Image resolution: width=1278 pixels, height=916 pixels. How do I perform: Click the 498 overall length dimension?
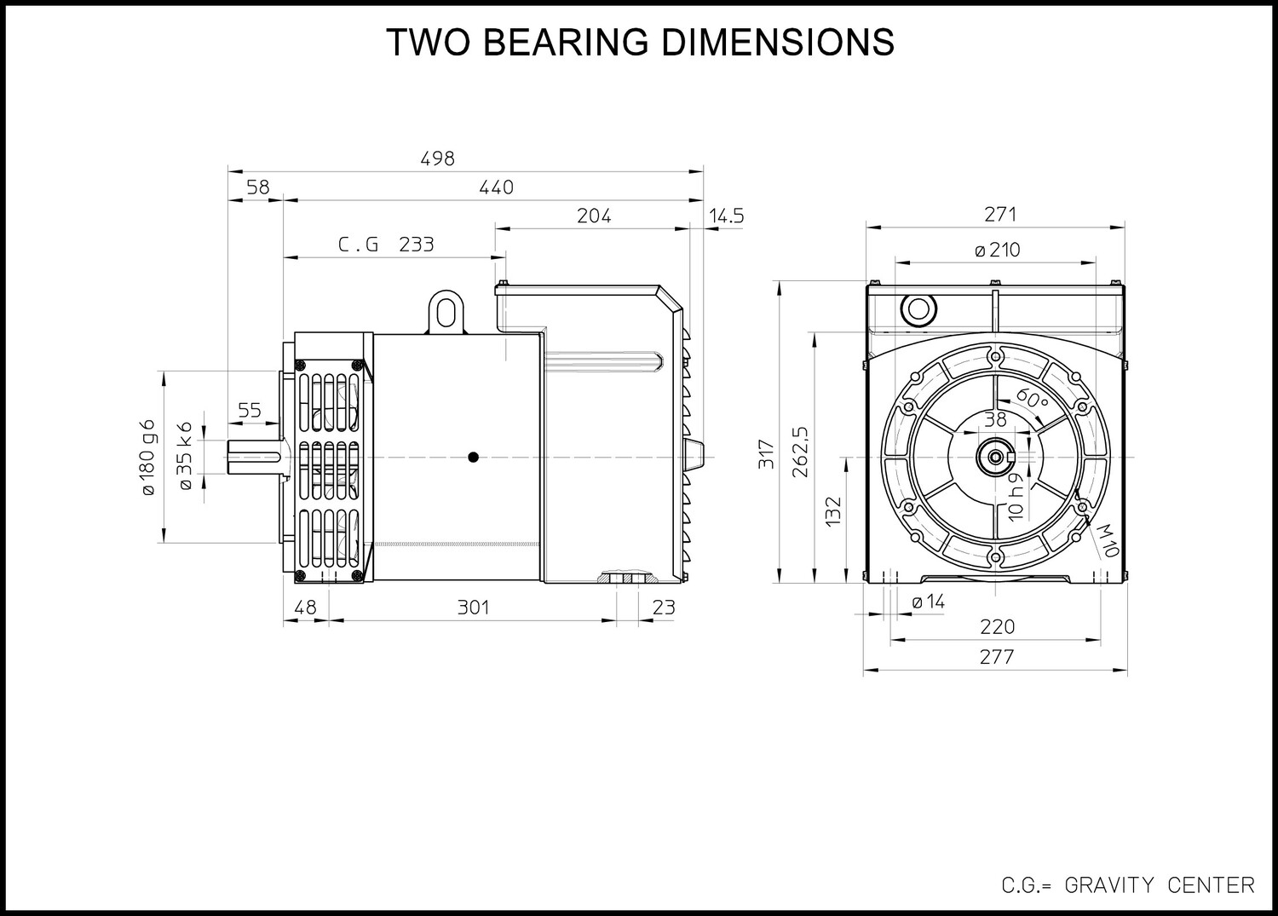pos(438,158)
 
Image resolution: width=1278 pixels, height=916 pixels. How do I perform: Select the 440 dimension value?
pos(497,187)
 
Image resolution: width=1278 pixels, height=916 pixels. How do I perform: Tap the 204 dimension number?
pos(594,216)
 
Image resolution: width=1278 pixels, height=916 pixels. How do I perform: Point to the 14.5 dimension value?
pos(727,216)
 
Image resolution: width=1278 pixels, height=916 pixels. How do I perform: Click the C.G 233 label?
pos(386,245)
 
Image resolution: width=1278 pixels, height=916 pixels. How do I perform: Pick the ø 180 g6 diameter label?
pos(147,457)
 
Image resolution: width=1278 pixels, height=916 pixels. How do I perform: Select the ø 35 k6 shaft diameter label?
pos(186,456)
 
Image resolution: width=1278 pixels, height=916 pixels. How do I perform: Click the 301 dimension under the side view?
pos(474,608)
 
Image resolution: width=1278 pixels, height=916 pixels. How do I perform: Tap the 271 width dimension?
pos(1000,215)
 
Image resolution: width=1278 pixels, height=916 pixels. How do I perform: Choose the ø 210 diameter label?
pos(998,250)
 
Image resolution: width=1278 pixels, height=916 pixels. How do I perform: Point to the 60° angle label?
pos(1032,399)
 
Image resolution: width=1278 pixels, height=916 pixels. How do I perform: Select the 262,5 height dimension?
pos(801,452)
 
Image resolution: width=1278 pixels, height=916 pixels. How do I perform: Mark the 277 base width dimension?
pos(997,658)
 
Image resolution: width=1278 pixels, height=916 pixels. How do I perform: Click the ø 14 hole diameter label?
pos(929,602)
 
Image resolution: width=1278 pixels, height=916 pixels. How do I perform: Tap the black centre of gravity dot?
pos(473,457)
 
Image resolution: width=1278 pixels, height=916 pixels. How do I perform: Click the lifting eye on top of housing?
pos(446,312)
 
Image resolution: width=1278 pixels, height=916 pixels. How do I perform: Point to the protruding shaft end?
pos(255,457)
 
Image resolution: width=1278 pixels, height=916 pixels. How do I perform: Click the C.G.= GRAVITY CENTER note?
pos(1128,885)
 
